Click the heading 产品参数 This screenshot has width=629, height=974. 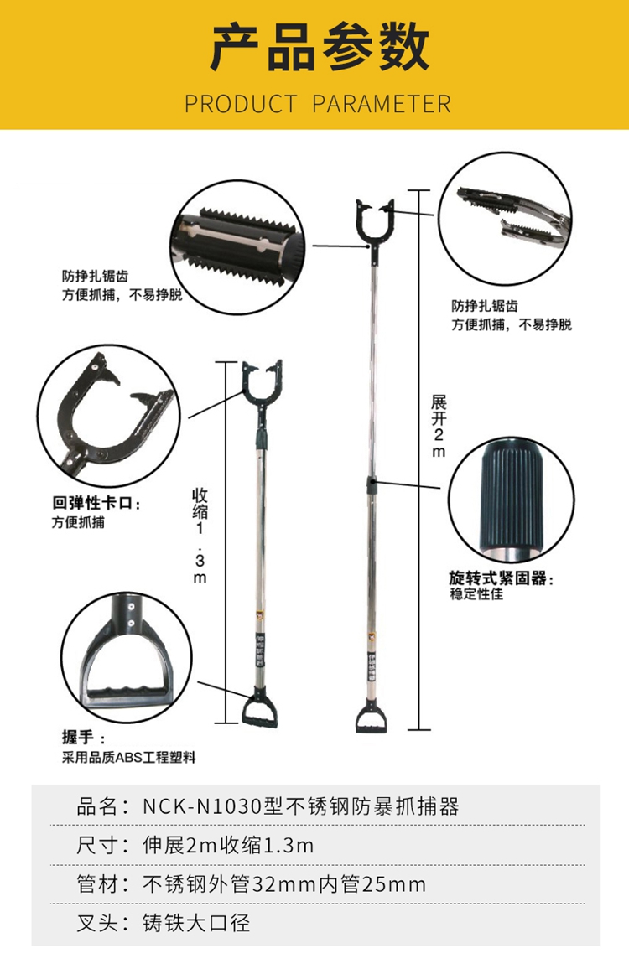314,47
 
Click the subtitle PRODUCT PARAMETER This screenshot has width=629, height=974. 317,104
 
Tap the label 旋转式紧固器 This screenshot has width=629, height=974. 502,578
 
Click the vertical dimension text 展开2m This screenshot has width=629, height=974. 439,425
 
